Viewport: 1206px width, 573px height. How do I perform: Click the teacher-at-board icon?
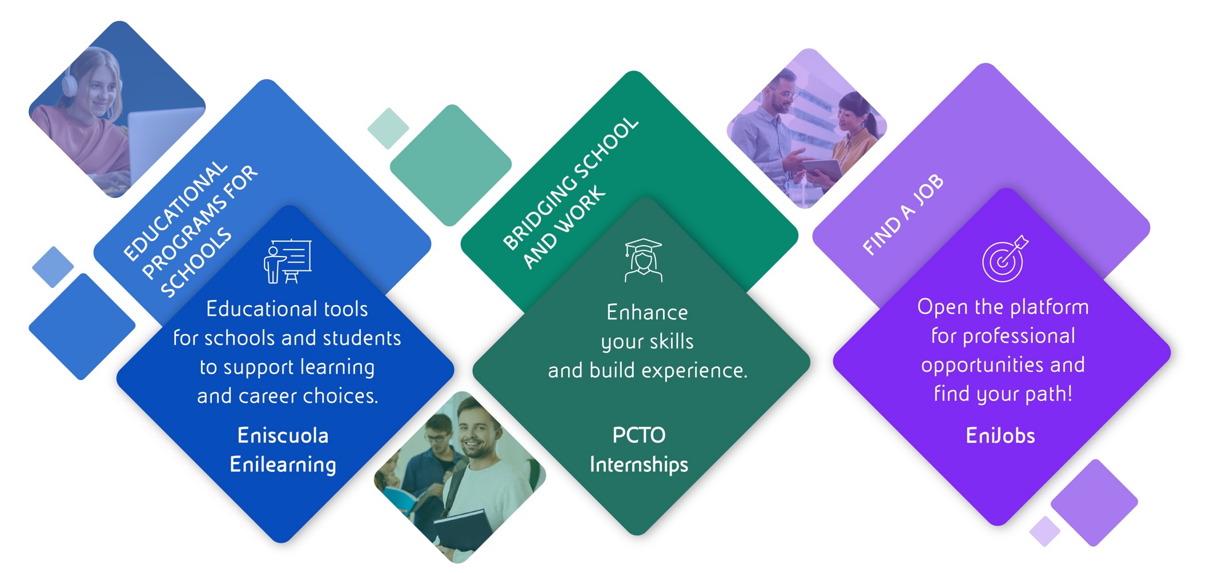pyautogui.click(x=288, y=261)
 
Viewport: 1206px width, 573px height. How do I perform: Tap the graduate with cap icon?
pyautogui.click(x=644, y=260)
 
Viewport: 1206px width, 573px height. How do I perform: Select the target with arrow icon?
pyautogui.click(x=1004, y=258)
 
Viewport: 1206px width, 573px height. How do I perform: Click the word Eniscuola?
pyautogui.click(x=283, y=436)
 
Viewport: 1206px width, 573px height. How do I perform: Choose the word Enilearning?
pyautogui.click(x=283, y=464)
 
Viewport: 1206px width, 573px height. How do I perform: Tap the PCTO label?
pyautogui.click(x=639, y=435)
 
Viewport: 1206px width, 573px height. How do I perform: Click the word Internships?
pyautogui.click(x=639, y=464)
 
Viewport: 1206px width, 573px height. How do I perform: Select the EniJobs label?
pyautogui.click(x=1000, y=436)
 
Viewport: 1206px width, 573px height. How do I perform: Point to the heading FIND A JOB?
pyautogui.click(x=903, y=214)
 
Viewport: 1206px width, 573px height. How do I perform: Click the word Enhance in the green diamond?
pyautogui.click(x=647, y=312)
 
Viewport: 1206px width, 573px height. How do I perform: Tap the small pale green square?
pyautogui.click(x=388, y=129)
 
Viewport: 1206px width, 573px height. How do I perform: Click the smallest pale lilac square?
pyautogui.click(x=1045, y=531)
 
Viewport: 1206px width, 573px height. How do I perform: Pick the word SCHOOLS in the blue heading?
pyautogui.click(x=196, y=263)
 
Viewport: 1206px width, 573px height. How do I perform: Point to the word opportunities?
pyautogui.click(x=1003, y=365)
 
